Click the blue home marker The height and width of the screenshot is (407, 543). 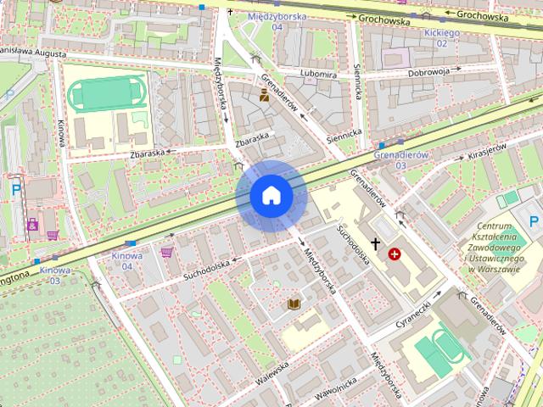tap(271, 196)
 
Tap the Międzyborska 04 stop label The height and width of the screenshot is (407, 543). tap(266, 21)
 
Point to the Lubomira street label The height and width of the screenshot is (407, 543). tap(319, 74)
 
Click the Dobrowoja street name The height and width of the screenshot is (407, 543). tap(428, 72)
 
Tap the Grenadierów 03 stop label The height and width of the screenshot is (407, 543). tap(401, 159)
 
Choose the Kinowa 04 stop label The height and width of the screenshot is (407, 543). tap(126, 260)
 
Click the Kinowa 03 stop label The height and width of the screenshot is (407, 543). tap(54, 275)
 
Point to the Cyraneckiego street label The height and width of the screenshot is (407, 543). tap(418, 313)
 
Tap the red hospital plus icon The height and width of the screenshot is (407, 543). tap(395, 253)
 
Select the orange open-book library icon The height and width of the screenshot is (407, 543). tap(294, 304)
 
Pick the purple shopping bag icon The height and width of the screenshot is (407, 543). tap(166, 251)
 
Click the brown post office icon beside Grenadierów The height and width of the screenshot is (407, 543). tap(264, 96)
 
